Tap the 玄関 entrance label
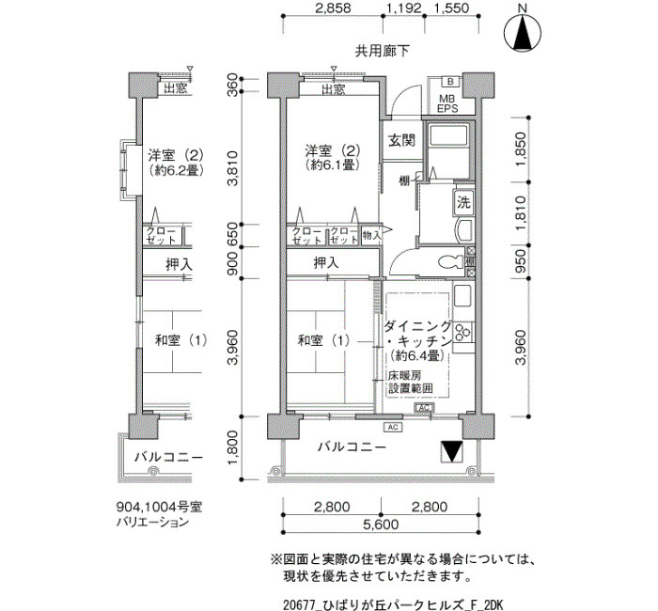coord(401,141)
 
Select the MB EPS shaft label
coord(446,103)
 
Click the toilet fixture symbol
coord(451,262)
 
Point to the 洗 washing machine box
coord(463,203)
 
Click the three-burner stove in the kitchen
coord(462,332)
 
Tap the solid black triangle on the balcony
coord(452,452)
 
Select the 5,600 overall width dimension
coord(381,525)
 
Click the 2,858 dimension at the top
coord(333,8)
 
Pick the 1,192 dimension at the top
coord(403,8)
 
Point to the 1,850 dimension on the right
coord(520,149)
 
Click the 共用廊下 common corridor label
coord(382,51)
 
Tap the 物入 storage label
coord(372,235)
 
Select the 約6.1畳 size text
coord(333,165)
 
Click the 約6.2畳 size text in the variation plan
coord(176,170)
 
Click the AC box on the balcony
coord(393,427)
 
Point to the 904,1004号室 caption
coord(159,507)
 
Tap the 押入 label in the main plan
coord(326,263)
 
